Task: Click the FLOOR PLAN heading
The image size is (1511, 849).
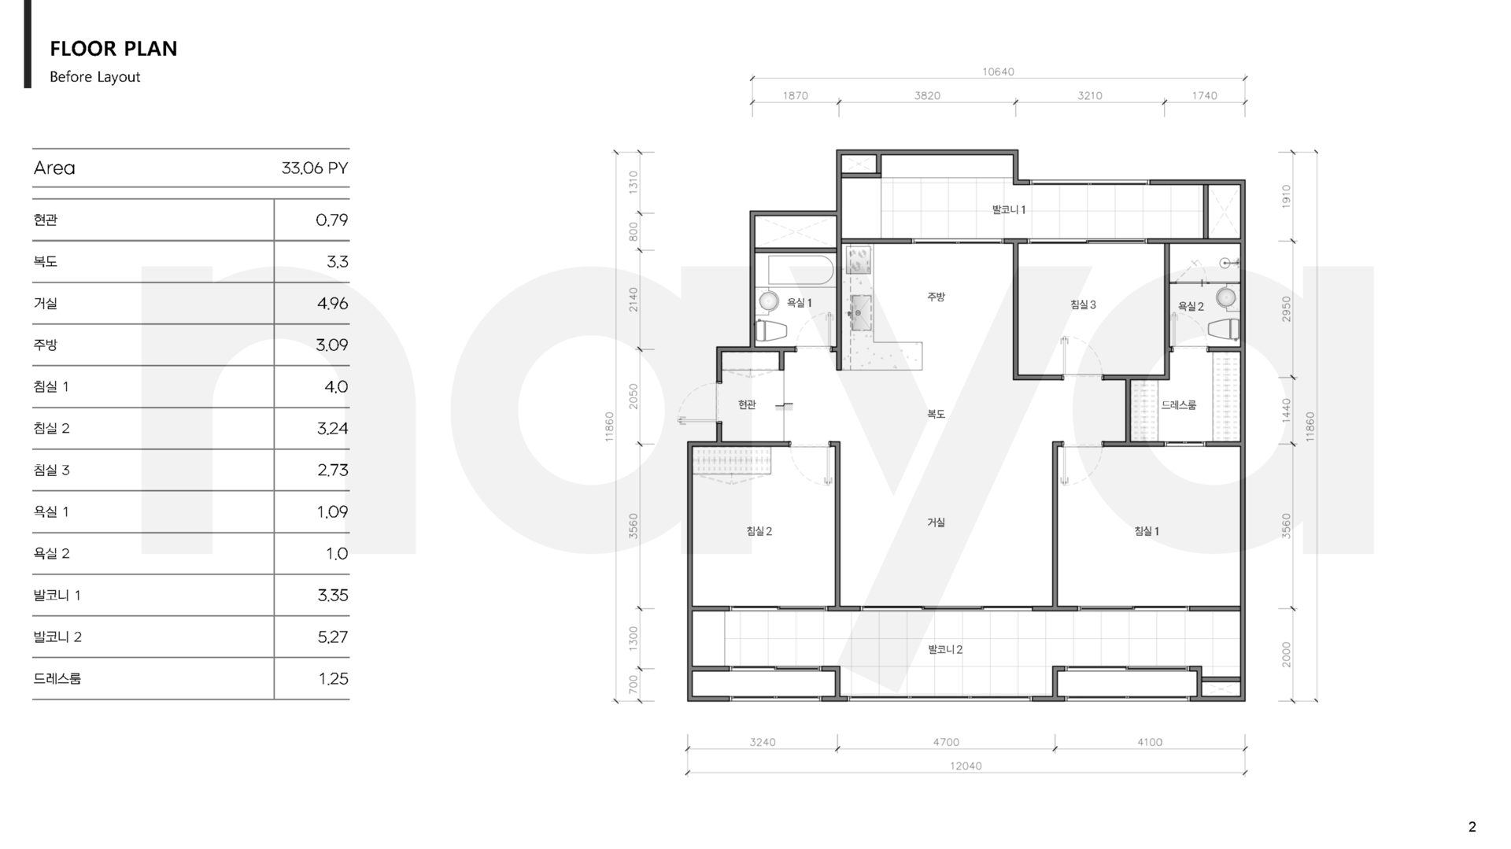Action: point(113,49)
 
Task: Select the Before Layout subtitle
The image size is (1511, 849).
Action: point(94,77)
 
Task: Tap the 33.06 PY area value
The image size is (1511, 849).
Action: point(314,168)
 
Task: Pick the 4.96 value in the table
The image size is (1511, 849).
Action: point(332,304)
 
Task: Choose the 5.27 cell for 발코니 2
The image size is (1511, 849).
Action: point(332,637)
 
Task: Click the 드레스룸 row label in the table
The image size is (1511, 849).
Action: point(57,679)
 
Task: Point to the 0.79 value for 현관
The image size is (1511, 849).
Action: point(331,220)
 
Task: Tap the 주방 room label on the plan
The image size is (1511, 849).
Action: point(936,297)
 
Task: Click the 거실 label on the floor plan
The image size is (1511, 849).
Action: point(936,522)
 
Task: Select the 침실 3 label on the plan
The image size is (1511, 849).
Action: point(1083,305)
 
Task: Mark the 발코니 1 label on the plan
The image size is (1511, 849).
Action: point(1009,210)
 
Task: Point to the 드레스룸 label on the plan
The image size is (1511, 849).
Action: point(1179,405)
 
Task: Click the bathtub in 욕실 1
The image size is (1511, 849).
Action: point(800,270)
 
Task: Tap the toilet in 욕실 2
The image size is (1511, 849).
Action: point(1223,329)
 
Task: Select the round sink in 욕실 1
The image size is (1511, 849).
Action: point(769,301)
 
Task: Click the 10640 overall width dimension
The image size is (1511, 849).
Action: point(998,72)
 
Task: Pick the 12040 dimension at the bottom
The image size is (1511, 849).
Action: point(966,766)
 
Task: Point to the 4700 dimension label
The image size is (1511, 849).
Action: point(946,742)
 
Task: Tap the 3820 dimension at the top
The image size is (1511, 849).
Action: point(927,96)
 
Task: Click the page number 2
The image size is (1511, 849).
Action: point(1472,827)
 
